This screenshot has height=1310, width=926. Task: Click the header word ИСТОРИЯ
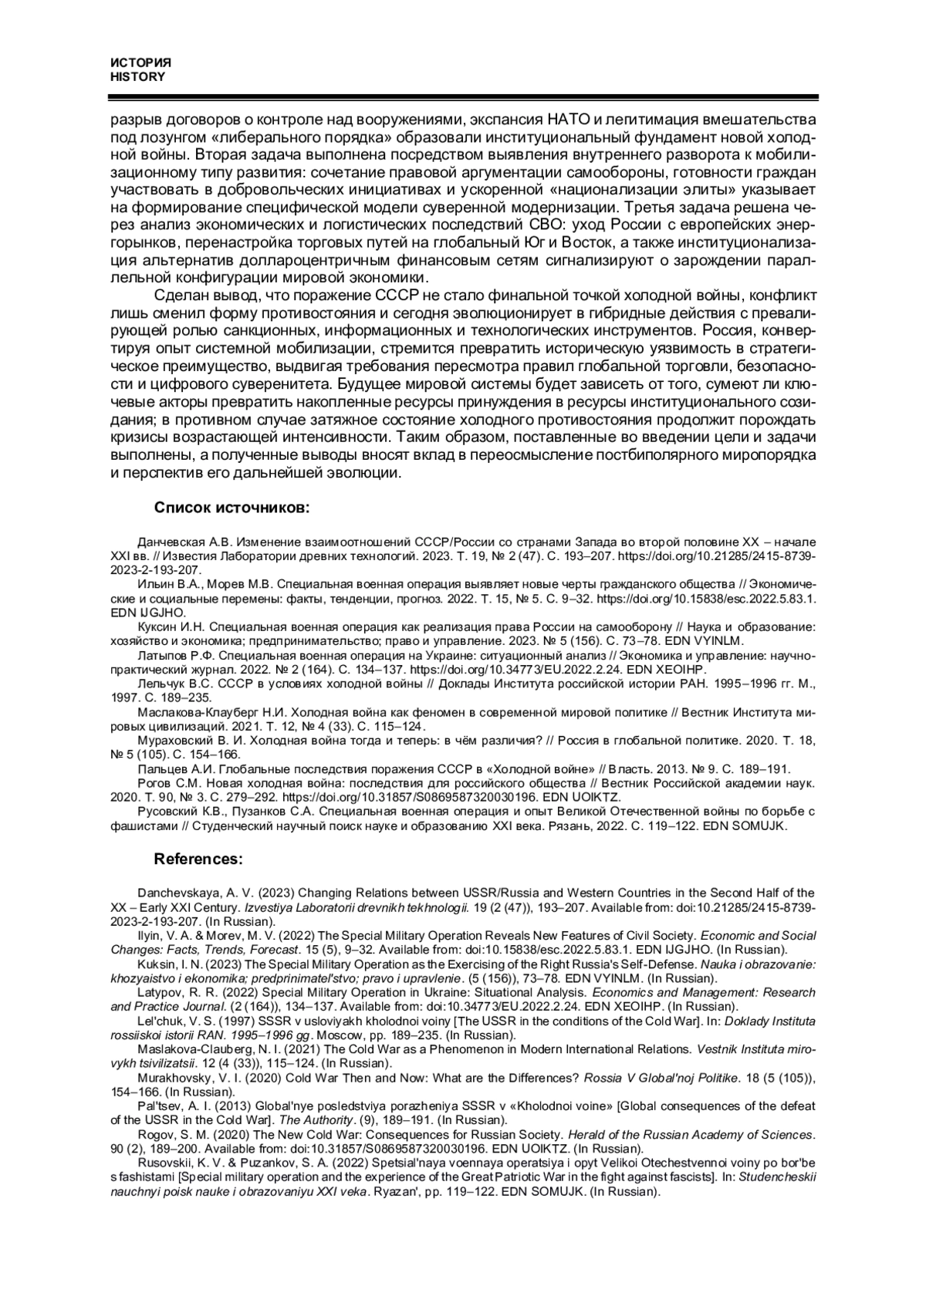140,63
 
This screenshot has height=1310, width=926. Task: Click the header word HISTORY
137,77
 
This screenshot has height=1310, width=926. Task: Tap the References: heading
198,859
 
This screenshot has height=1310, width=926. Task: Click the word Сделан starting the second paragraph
180,295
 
